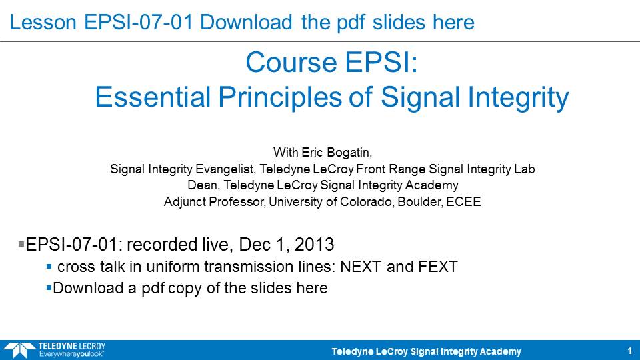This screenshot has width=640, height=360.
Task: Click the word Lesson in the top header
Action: pos(43,22)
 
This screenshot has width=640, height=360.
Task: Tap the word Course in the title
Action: pos(291,63)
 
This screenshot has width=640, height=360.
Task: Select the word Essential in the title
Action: pos(153,97)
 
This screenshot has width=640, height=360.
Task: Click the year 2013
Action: pos(314,245)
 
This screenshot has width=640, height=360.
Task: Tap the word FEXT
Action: pos(437,267)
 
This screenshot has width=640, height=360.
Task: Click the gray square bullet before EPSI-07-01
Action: pos(21,244)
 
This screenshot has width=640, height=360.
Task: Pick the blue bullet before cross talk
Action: pos(49,267)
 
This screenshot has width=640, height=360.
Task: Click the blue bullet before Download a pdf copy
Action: pos(49,288)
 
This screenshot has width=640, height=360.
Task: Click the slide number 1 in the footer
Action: pos(629,351)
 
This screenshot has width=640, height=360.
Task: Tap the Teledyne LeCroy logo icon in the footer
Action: pos(19,350)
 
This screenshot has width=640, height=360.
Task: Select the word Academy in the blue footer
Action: pos(500,351)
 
